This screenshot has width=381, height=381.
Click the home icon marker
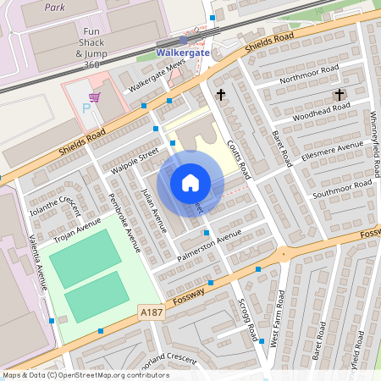click(190, 182)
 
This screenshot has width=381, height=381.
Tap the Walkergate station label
click(183, 52)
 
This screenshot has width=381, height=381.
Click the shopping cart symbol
click(94, 97)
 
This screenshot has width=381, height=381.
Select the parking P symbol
click(86, 108)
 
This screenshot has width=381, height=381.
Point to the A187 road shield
click(152, 312)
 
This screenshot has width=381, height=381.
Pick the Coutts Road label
click(241, 157)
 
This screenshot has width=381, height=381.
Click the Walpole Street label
click(135, 162)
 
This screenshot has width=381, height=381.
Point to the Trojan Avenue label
click(77, 230)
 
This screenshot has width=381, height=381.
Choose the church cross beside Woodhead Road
click(340, 94)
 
